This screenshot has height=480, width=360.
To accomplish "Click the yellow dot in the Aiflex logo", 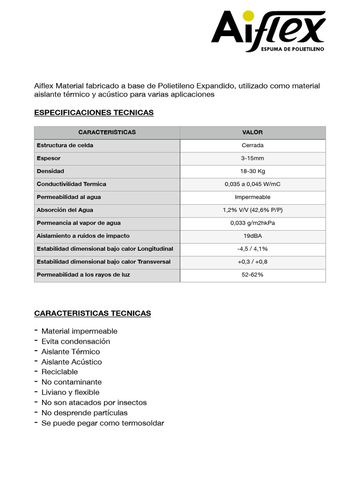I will (x=249, y=16).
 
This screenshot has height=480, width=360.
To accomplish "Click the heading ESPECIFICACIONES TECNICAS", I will (x=94, y=113).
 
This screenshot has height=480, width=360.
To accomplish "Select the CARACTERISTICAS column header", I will (x=107, y=133).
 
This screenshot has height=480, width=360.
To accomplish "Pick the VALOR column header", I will (x=252, y=133).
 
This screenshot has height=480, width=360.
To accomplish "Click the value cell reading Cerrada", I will (x=252, y=145).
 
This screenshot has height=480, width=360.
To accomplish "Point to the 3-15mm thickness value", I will (x=252, y=158).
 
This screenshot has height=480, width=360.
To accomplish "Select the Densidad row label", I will (x=51, y=171).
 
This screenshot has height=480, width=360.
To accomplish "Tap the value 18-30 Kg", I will (x=252, y=171).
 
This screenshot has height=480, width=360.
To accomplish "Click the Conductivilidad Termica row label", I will (x=72, y=184).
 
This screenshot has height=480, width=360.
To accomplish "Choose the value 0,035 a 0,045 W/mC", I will (x=252, y=184).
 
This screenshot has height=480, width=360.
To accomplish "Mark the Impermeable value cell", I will (x=252, y=197).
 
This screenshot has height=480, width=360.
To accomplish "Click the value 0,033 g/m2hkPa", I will (x=252, y=223).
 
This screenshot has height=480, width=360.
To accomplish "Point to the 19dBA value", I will (x=252, y=236).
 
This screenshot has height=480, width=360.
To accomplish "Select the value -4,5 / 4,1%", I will (x=252, y=249).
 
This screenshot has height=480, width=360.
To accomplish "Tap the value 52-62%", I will (x=252, y=275).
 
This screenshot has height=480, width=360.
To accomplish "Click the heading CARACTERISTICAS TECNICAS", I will (x=92, y=313).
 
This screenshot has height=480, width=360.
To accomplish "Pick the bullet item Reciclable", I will (x=60, y=372).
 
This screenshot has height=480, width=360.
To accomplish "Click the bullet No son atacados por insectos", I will (x=94, y=403).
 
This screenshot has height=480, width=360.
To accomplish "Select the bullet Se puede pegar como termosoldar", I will (x=103, y=423).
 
